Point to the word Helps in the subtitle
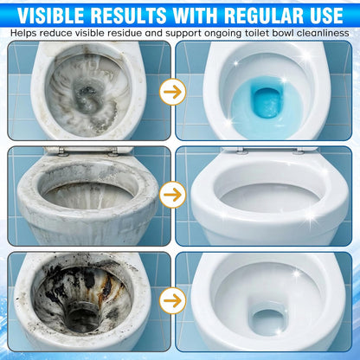coord(24,33)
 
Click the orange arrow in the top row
coord(173,92)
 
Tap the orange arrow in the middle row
coord(173,195)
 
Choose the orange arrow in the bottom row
coord(173,300)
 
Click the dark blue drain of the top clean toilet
coord(267,103)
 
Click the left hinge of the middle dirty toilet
coord(61,151)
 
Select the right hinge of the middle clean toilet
coord(299,151)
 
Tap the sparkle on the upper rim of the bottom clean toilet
coord(297,273)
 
